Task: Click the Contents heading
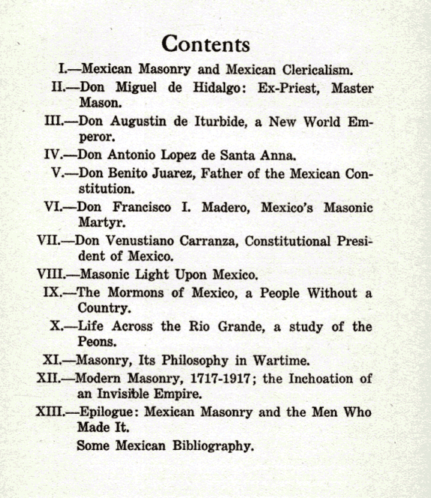click(x=206, y=43)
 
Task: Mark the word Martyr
click(x=99, y=224)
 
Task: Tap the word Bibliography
click(x=207, y=445)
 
